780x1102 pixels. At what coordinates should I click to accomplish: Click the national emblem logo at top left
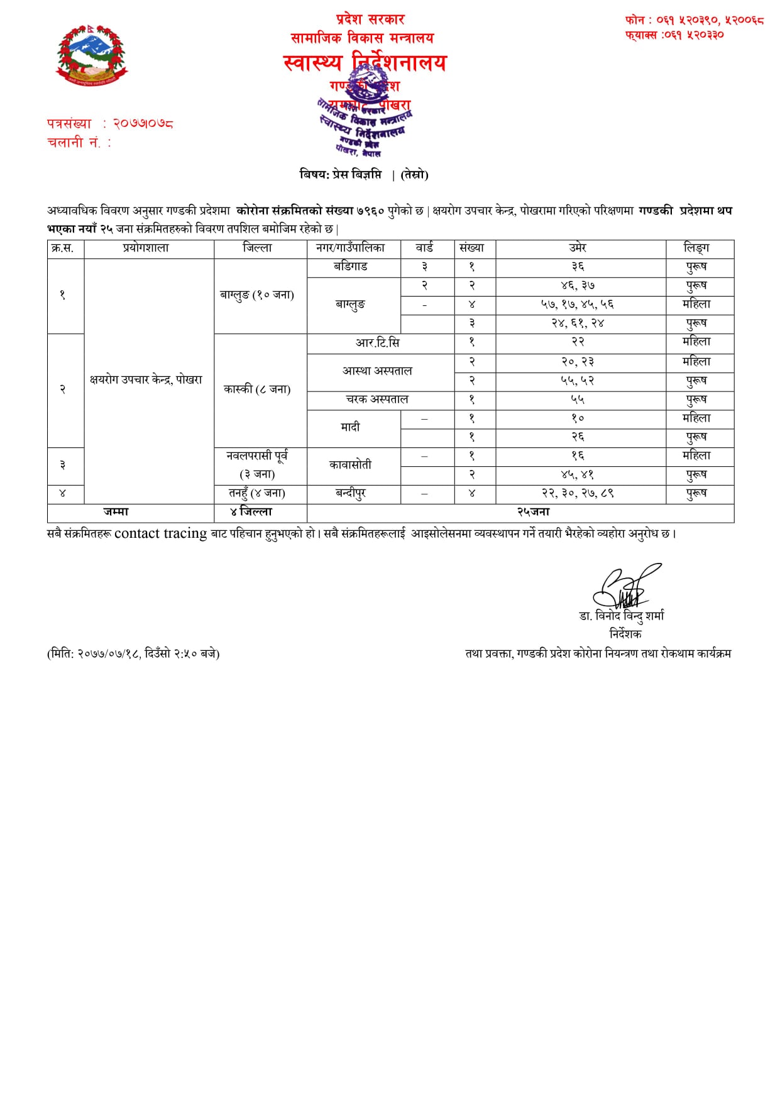(x=92, y=55)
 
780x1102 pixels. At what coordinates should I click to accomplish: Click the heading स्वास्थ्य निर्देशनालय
(x=365, y=63)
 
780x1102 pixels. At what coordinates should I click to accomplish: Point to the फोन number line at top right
(x=694, y=20)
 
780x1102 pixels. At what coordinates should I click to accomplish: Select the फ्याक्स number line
(x=674, y=35)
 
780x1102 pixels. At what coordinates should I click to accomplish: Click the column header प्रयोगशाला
(x=146, y=248)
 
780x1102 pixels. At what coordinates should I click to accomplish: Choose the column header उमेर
(x=578, y=248)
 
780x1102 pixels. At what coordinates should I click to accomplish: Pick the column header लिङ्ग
(x=696, y=248)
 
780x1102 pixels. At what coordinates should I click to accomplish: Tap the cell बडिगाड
(x=351, y=266)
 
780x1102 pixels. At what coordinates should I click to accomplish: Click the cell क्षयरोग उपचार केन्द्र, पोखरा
(x=146, y=379)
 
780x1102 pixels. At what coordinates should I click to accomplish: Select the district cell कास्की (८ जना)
(x=257, y=390)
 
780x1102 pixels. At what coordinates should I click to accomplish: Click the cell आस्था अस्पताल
(x=377, y=371)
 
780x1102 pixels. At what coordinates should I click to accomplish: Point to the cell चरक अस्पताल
(x=377, y=400)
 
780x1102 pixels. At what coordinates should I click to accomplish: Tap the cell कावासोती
(x=351, y=465)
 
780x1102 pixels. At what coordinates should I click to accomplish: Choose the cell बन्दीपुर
(x=351, y=493)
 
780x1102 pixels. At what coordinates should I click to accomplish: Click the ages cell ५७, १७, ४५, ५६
(x=578, y=305)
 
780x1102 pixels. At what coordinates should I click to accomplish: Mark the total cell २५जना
(x=533, y=512)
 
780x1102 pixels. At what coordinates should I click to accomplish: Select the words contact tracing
(x=160, y=533)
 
